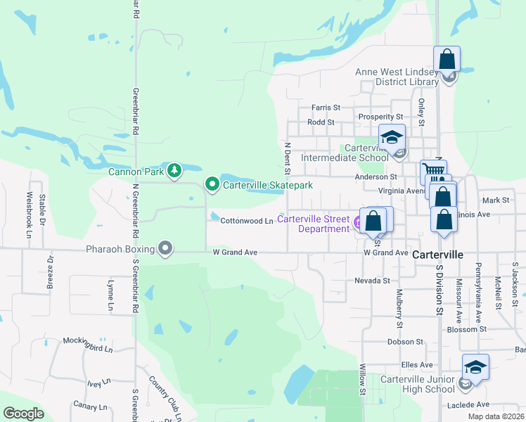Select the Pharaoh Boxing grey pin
coord(165,248)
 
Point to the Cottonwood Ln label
coord(246,221)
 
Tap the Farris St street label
coord(326,108)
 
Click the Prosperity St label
coord(380,117)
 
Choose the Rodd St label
coord(320,122)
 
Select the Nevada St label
coord(372,280)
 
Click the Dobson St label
coord(405,342)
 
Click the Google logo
coord(24,414)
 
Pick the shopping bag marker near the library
coord(447,59)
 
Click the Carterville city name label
coord(437,255)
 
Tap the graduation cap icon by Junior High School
coord(475,367)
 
